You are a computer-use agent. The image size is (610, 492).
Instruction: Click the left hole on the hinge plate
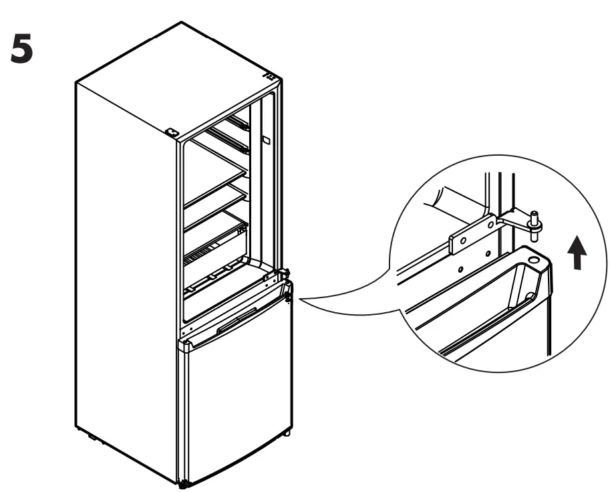coord(464,239)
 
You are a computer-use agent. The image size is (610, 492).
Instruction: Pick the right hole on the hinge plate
coord(490,225)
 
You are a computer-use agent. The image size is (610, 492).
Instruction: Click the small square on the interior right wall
coord(266,142)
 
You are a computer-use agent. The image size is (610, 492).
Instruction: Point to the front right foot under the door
coord(287,434)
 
